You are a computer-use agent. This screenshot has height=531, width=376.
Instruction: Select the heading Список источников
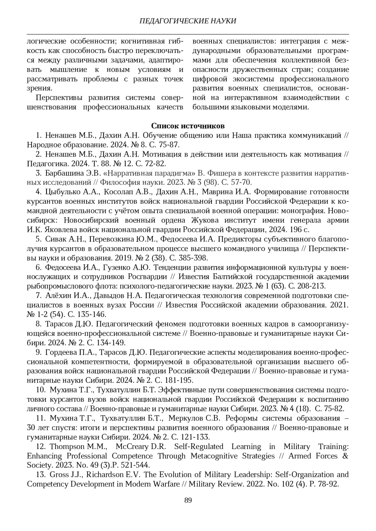click(188, 126)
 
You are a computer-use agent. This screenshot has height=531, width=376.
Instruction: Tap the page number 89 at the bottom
click(188, 500)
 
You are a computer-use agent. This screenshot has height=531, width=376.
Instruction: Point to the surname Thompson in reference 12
click(68, 447)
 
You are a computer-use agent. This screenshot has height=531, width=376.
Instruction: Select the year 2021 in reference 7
click(340, 305)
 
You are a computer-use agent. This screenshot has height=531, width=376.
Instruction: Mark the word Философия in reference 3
click(114, 182)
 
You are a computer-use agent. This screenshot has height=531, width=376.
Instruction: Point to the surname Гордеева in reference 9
click(61, 353)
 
